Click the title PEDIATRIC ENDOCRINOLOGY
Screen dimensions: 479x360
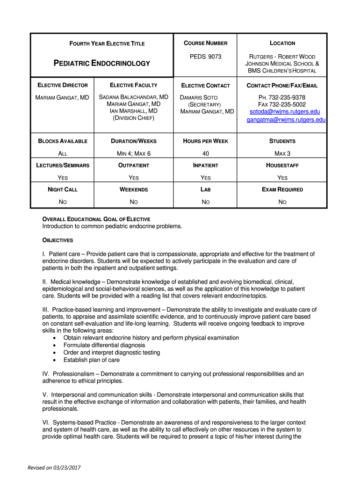pyautogui.click(x=102, y=63)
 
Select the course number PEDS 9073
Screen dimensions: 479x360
pyautogui.click(x=205, y=57)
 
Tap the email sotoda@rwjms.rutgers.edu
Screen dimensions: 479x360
pyautogui.click(x=284, y=112)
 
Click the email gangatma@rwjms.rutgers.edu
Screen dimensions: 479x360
pyautogui.click(x=286, y=120)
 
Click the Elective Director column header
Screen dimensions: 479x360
pyautogui.click(x=62, y=85)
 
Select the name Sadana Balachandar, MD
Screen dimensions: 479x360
pyautogui.click(x=133, y=97)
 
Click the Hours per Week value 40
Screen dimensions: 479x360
pyautogui.click(x=205, y=153)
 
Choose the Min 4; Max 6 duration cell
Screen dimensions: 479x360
pyautogui.click(x=133, y=153)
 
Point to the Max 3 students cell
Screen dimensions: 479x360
pyautogui.click(x=282, y=153)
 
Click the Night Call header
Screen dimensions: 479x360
pyautogui.click(x=62, y=189)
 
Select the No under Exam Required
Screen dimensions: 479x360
pyautogui.click(x=282, y=202)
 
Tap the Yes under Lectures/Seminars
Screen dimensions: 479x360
pyautogui.click(x=62, y=178)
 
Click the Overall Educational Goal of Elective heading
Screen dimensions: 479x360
pyautogui.click(x=96, y=219)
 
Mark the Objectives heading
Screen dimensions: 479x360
pyautogui.click(x=58, y=240)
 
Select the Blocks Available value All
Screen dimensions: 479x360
pyautogui.click(x=62, y=153)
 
